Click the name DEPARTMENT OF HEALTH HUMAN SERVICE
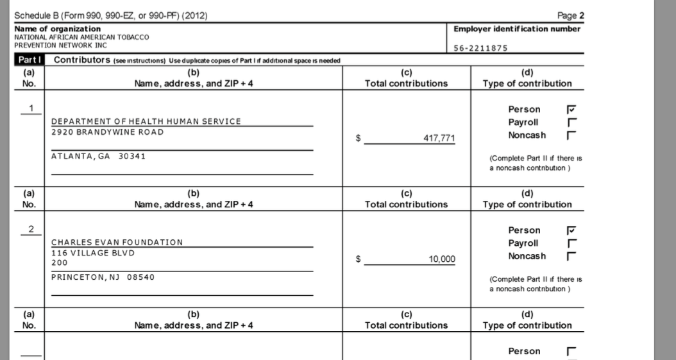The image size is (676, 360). click(146, 121)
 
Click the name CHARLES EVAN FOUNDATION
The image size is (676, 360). click(117, 242)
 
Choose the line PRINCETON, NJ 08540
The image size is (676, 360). click(103, 277)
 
